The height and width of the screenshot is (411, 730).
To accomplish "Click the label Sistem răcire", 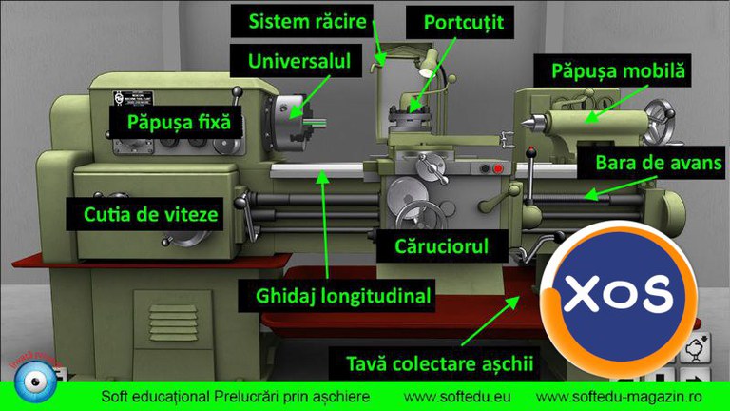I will (x=307, y=20).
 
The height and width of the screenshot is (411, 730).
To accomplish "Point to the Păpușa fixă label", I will (x=181, y=121).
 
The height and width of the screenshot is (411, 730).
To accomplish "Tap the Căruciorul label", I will (x=442, y=247).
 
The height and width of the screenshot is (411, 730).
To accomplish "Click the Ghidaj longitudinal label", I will (x=344, y=296).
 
